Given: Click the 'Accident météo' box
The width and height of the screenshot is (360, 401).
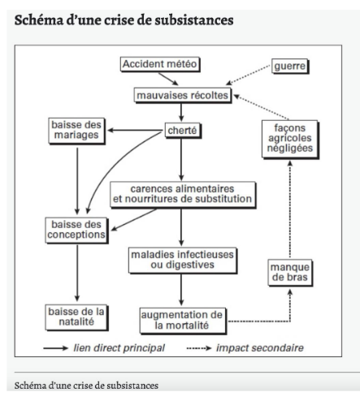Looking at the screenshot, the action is [160, 64].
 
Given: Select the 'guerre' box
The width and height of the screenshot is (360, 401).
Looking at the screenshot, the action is [290, 67].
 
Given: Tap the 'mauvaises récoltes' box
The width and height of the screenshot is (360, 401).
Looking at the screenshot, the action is [183, 95].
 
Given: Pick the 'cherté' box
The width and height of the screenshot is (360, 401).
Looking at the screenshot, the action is [183, 131].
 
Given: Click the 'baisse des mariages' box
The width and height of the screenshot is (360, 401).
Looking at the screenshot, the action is [76, 131].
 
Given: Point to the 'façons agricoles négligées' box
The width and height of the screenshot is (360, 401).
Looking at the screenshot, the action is [290, 139].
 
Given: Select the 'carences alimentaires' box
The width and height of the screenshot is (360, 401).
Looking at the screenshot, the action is [183, 195].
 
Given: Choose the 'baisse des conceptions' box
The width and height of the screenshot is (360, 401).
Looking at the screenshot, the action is [76, 231].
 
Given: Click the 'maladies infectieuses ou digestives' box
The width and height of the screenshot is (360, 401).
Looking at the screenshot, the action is [183, 261].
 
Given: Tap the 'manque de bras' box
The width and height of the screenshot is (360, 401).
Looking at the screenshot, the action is [290, 273].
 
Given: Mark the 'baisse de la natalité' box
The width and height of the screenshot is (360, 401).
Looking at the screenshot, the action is [76, 317].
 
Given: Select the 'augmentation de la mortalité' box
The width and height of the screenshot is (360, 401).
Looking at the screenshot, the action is [183, 321].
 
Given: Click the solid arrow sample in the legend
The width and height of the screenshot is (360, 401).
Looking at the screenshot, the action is [55, 348].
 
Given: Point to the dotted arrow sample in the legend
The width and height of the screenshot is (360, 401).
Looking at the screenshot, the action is [199, 348].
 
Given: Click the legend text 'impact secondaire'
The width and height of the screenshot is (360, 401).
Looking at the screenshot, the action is [260, 348].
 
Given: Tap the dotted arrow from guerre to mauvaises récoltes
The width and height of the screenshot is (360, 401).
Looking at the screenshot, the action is [248, 75].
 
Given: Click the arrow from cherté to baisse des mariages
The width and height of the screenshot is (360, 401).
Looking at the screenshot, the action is [135, 131].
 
